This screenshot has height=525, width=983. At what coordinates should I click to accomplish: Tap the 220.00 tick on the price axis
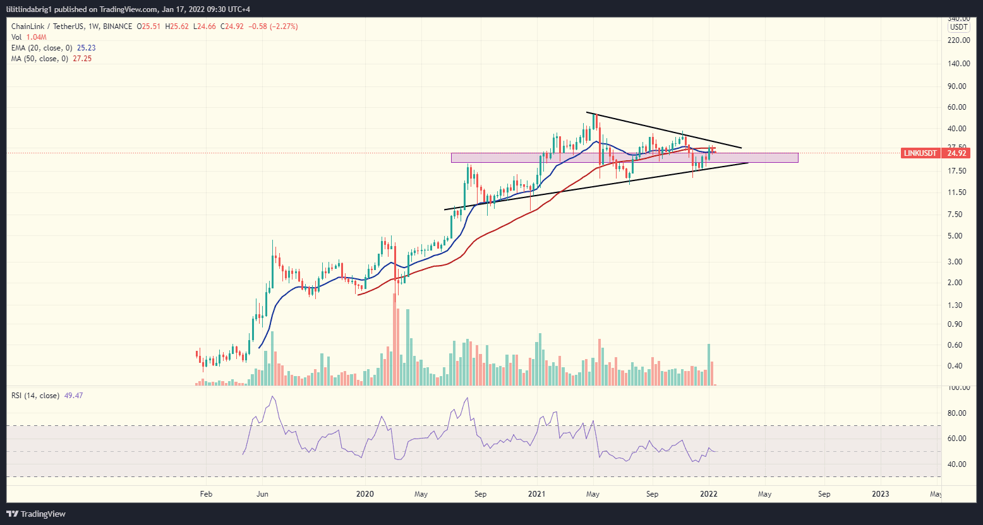(958, 40)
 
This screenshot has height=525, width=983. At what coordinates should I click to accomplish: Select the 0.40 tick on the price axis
(960, 366)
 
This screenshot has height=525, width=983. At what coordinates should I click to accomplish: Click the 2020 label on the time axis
(365, 494)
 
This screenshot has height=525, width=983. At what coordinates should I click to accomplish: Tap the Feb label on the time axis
(206, 494)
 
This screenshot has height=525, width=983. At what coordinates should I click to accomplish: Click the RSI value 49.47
(73, 396)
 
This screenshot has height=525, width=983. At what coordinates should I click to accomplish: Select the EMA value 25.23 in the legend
(86, 48)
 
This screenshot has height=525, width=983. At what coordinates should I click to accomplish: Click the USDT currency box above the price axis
(959, 27)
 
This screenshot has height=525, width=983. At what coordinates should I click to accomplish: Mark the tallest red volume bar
(395, 339)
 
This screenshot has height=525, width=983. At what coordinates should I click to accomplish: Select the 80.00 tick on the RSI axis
(960, 413)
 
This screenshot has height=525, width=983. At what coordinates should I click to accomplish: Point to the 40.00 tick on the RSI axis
(960, 464)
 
